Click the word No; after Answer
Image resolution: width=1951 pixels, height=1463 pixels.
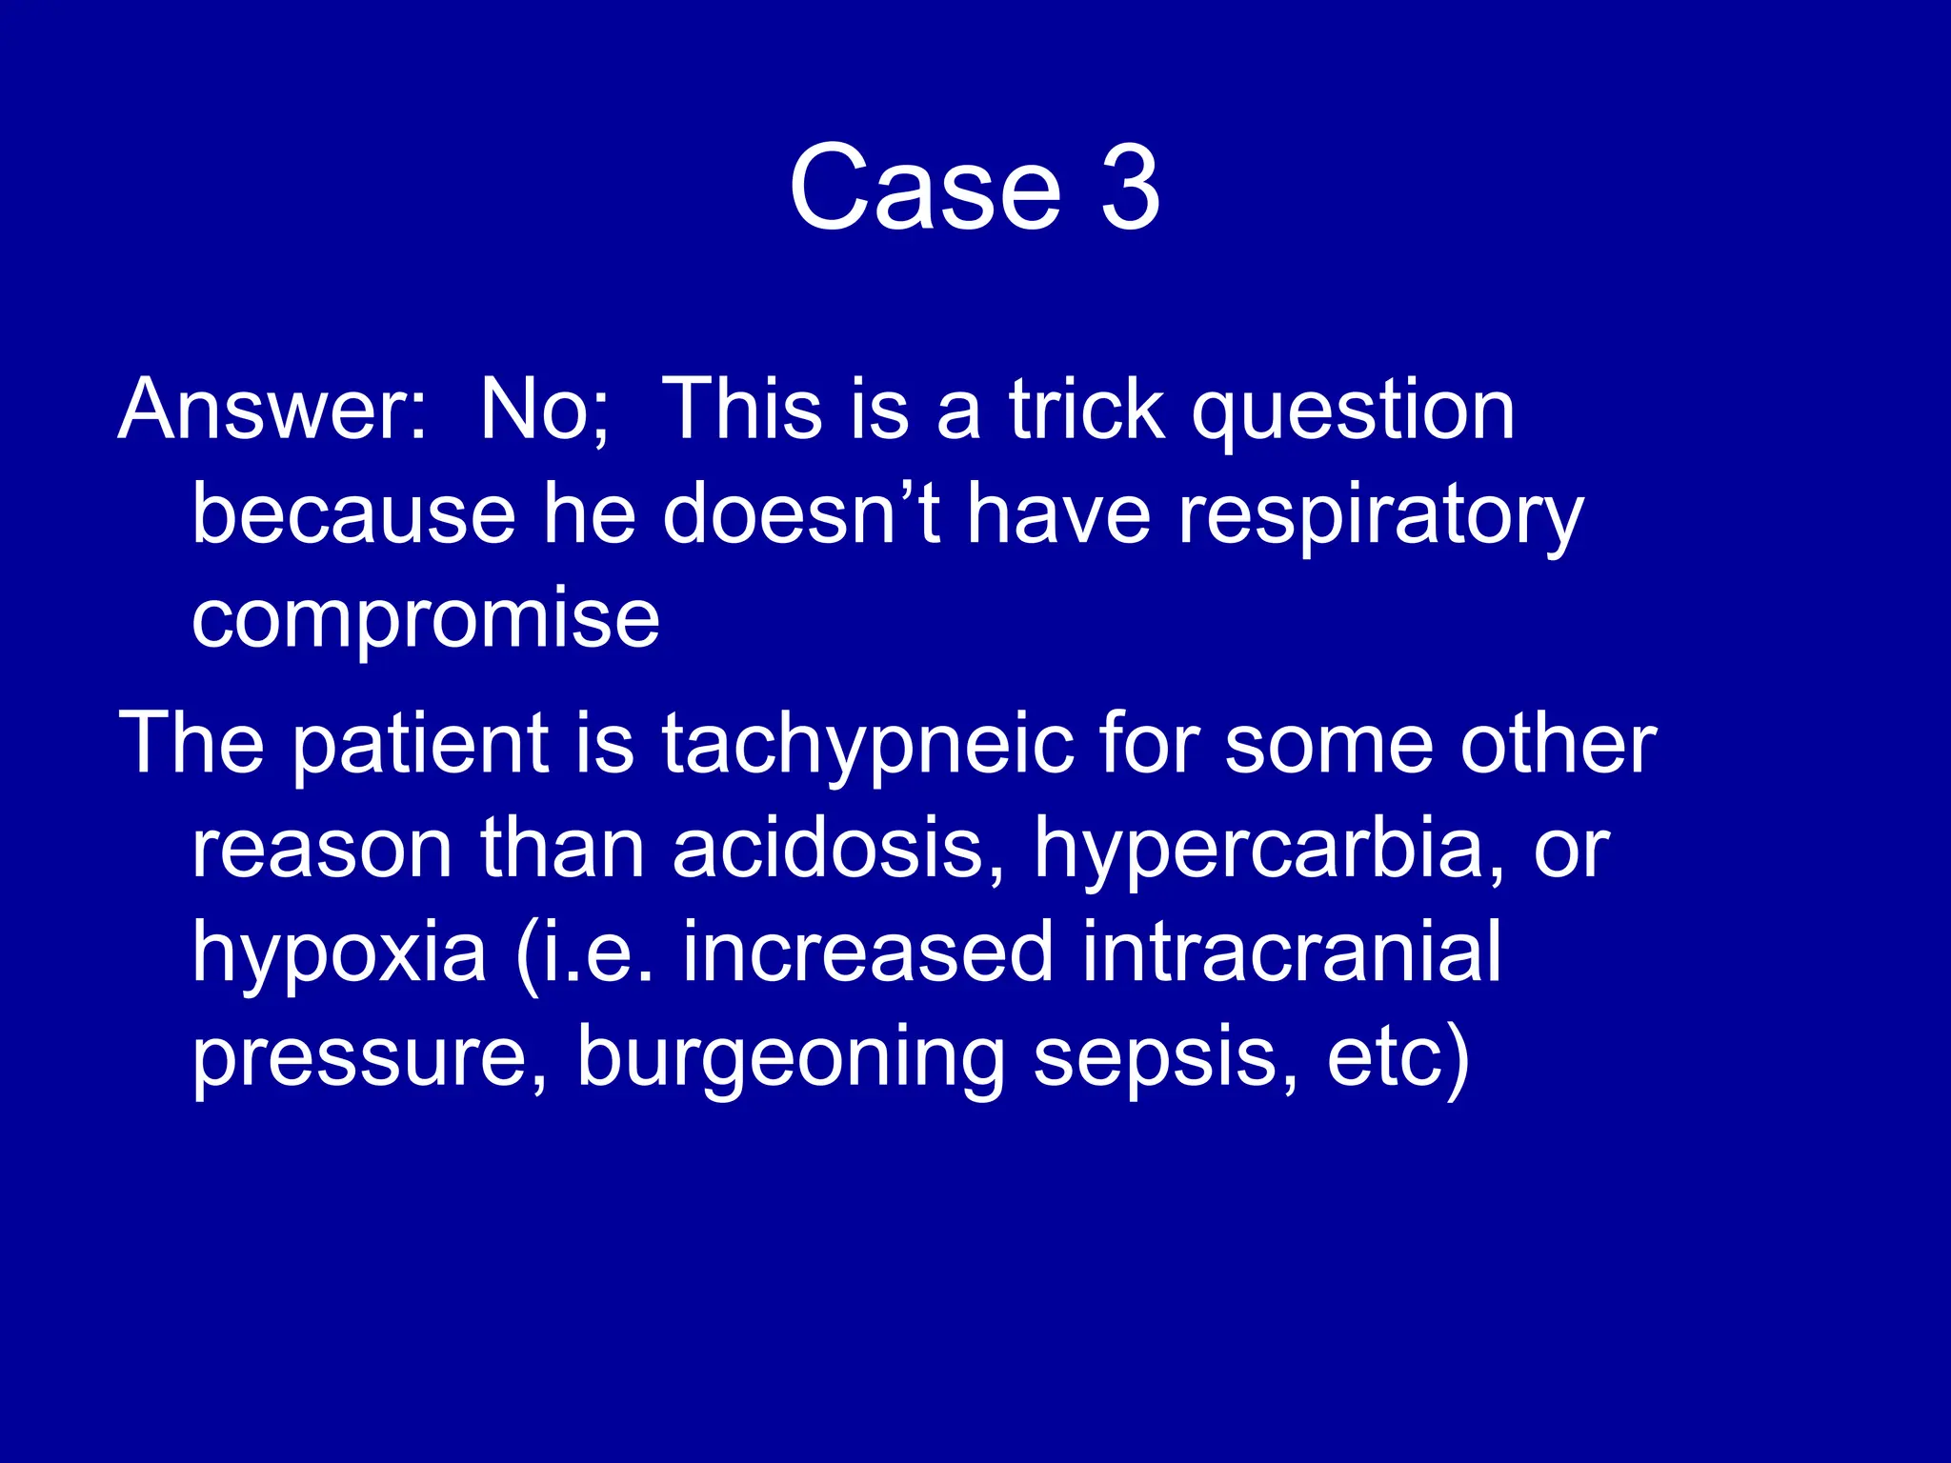544,410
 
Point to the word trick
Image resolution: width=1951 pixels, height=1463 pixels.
1086,410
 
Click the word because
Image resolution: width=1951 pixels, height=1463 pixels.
353,514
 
